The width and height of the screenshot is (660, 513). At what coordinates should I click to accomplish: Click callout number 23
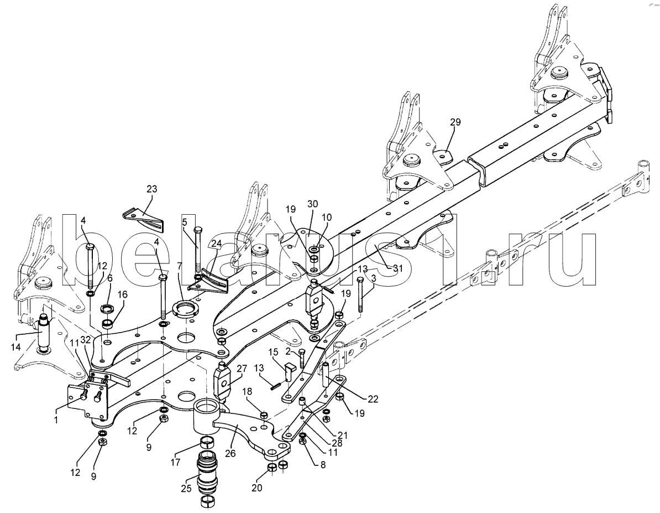pos(151,189)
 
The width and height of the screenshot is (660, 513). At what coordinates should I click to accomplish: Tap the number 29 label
pos(455,122)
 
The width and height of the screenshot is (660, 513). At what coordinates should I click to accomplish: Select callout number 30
pos(313,204)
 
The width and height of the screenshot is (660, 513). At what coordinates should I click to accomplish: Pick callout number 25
pos(186,489)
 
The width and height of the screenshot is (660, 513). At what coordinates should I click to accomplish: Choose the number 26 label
pos(231,454)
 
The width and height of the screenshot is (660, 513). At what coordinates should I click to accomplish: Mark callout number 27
pos(242,369)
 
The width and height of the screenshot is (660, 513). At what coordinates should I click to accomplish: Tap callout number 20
pos(257,488)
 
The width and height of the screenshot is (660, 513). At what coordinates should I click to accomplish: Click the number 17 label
pos(176,463)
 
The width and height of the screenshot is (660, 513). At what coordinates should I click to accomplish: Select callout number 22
pos(373,399)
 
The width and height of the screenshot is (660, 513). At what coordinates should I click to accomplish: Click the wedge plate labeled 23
pos(144,219)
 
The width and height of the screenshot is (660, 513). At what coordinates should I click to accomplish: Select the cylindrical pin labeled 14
pos(44,332)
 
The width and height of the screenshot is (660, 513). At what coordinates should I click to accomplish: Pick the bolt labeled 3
pos(360,294)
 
